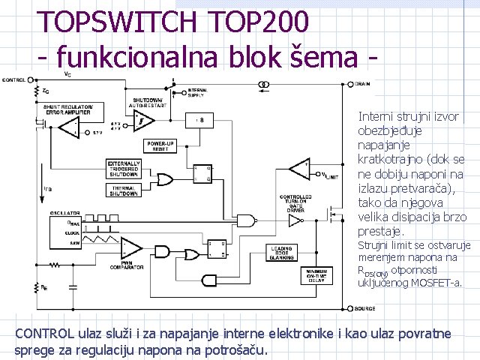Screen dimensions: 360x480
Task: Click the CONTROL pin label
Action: click(14, 78)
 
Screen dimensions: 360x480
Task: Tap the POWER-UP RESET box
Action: click(160, 145)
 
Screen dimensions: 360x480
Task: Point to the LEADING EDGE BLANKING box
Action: click(282, 253)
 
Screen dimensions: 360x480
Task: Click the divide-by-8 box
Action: click(199, 121)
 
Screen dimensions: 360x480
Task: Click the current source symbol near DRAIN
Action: click(264, 85)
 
